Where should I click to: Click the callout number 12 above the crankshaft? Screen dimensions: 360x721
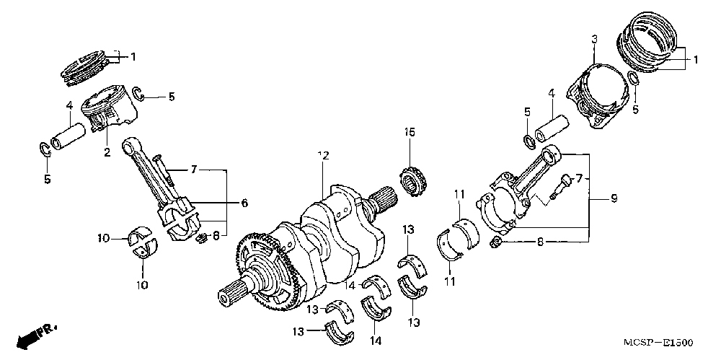point(322,156)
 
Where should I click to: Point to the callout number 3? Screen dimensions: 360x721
point(594,38)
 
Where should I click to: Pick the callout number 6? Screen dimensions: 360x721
point(244,203)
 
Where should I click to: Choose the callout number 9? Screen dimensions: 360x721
point(614,198)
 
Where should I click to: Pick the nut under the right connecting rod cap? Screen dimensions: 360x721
point(496,240)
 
